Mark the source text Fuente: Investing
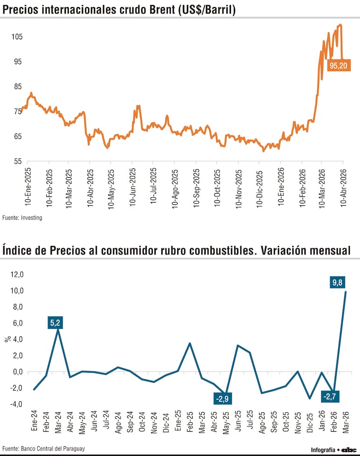pyautogui.click(x=22, y=218)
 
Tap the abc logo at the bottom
pyautogui.click(x=349, y=449)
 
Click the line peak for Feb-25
pyautogui.click(x=190, y=343)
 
